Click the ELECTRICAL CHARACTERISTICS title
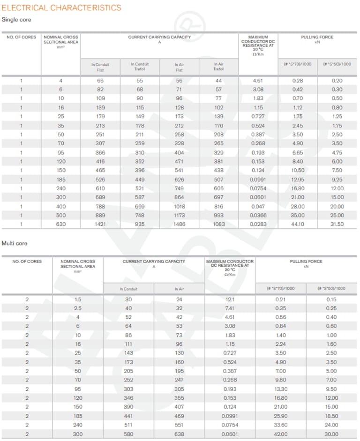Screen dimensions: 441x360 pos(61,7)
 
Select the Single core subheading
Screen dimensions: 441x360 pos(16,20)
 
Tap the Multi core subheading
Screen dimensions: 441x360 pos(15,243)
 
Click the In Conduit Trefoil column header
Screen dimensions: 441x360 pos(140,67)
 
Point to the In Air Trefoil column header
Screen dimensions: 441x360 pos(219,67)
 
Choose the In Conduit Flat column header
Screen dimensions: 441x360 pos(100,67)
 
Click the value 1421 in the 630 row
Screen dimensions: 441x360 pos(100,224)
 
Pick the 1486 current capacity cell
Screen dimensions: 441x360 pos(179,224)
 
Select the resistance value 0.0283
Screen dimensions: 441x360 pos(258,224)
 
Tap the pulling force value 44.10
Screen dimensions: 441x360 pos(298,224)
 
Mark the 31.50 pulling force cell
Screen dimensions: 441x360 pos(337,224)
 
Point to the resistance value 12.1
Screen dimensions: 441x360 pos(230,299)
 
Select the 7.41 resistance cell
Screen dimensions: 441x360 pos(230,308)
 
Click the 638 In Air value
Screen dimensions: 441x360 pos(179,434)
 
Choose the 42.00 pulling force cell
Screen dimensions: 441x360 pos(281,434)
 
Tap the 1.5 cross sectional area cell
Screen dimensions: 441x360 pos(78,299)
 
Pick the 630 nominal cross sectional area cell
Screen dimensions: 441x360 pos(61,224)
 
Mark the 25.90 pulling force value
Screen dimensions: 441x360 pos(281,416)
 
